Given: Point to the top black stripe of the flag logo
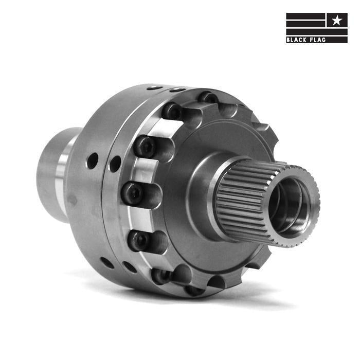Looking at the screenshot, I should click(305, 15).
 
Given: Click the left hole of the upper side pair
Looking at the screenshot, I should click(92, 161).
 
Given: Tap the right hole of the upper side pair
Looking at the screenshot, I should click(115, 164).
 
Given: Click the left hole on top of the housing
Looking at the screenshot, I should click(154, 88).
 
